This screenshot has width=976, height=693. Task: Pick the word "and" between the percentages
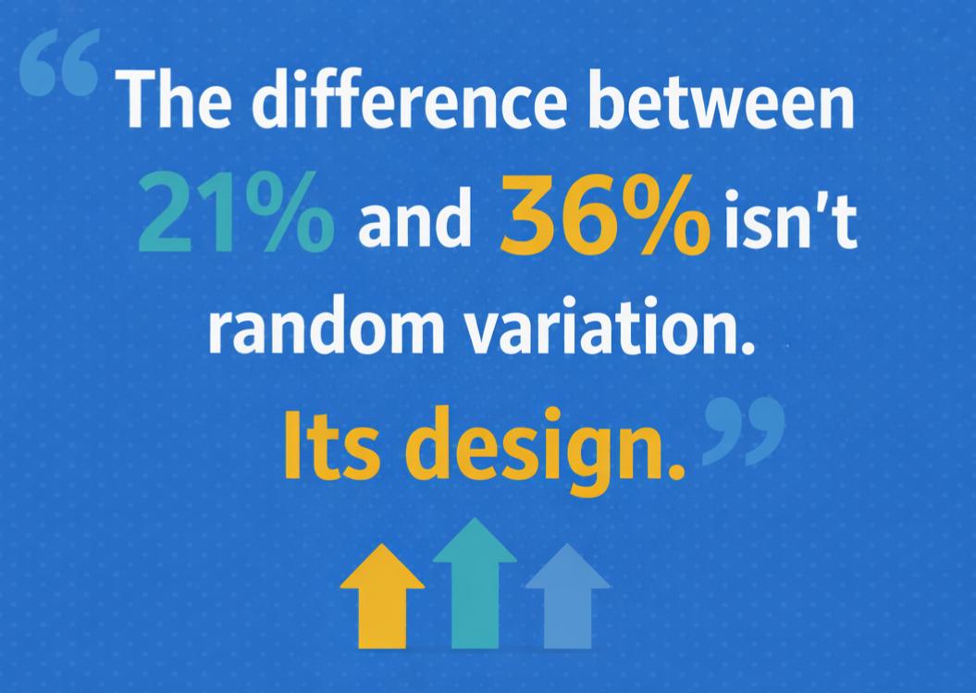coord(414,223)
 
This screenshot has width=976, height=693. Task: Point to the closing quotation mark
coord(744,429)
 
